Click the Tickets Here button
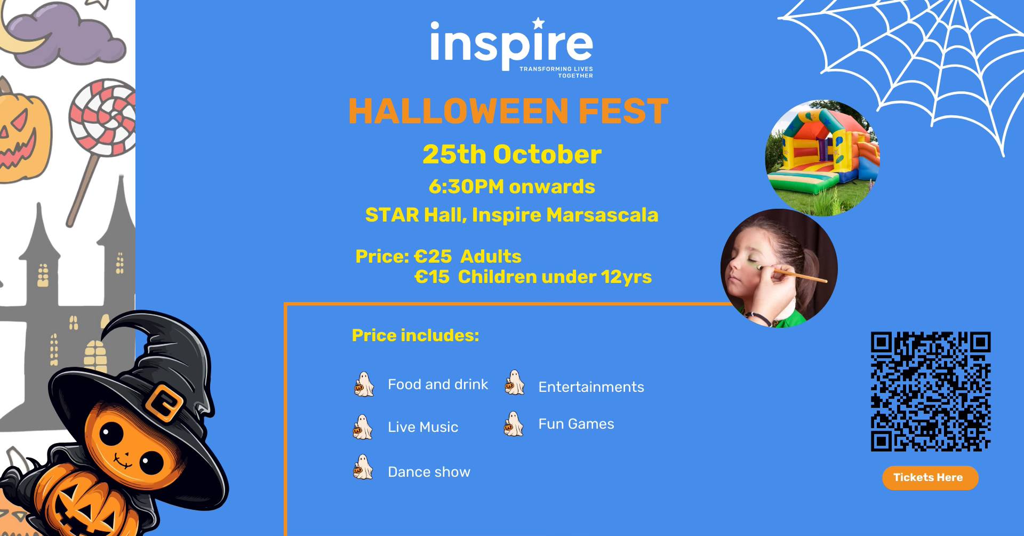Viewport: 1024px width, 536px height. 930,478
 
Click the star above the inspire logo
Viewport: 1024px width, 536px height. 539,23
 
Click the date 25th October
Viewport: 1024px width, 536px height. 511,155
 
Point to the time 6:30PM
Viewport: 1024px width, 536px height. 466,187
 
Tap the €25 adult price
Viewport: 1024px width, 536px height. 433,257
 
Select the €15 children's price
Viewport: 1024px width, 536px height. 432,277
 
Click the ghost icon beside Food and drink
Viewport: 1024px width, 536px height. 364,385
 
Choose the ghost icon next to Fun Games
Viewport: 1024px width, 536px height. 514,425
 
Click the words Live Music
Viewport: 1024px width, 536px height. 423,427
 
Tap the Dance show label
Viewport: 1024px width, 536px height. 429,472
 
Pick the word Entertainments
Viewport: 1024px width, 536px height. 591,387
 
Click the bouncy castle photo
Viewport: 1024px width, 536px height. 822,158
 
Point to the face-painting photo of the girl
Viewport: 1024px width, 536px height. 779,268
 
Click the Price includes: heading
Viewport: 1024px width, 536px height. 415,335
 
